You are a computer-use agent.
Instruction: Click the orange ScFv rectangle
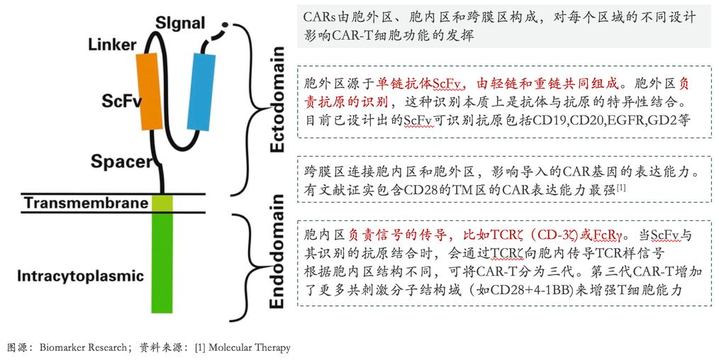pyautogui.click(x=149, y=92)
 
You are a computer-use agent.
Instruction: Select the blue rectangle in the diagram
pyautogui.click(x=201, y=91)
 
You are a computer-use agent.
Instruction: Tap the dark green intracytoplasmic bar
pyautogui.click(x=162, y=263)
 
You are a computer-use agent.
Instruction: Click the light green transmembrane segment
pyautogui.click(x=162, y=203)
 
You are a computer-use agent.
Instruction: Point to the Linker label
pyautogui.click(x=112, y=45)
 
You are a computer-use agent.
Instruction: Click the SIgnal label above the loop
pyautogui.click(x=180, y=23)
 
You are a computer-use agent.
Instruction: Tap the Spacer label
pyautogui.click(x=121, y=162)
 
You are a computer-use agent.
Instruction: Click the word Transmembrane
pyautogui.click(x=87, y=203)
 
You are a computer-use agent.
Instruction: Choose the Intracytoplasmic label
pyautogui.click(x=80, y=276)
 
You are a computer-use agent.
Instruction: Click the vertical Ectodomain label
pyautogui.click(x=277, y=99)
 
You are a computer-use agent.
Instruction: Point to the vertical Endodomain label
pyautogui.click(x=277, y=252)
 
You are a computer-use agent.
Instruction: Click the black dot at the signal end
pyautogui.click(x=225, y=24)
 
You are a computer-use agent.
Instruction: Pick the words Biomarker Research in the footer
pyautogui.click(x=82, y=348)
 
